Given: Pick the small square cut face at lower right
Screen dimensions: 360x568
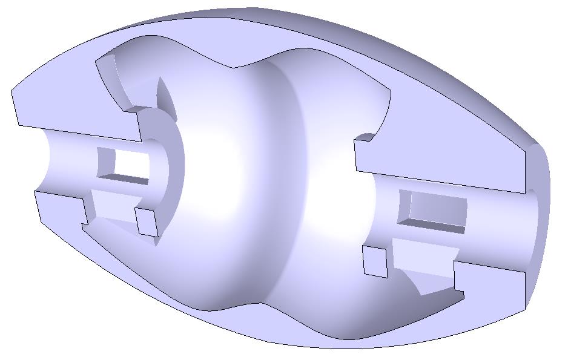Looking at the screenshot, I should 375,261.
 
